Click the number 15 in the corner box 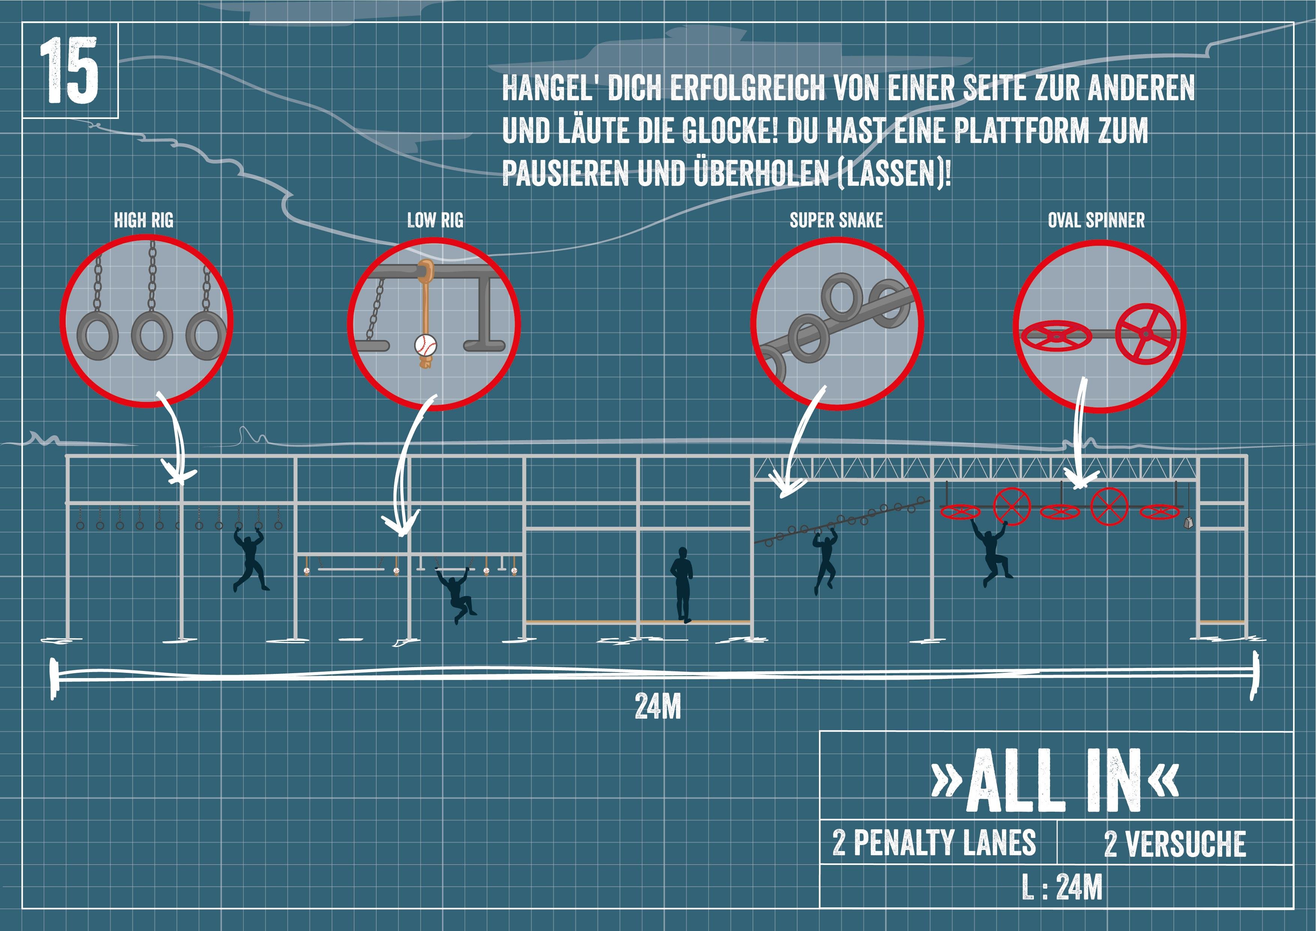[69, 71]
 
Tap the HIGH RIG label [143, 220]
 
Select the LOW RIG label [435, 220]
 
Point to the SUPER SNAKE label [836, 220]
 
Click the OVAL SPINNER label [1096, 220]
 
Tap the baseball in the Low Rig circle [425, 345]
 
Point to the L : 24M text [1062, 887]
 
